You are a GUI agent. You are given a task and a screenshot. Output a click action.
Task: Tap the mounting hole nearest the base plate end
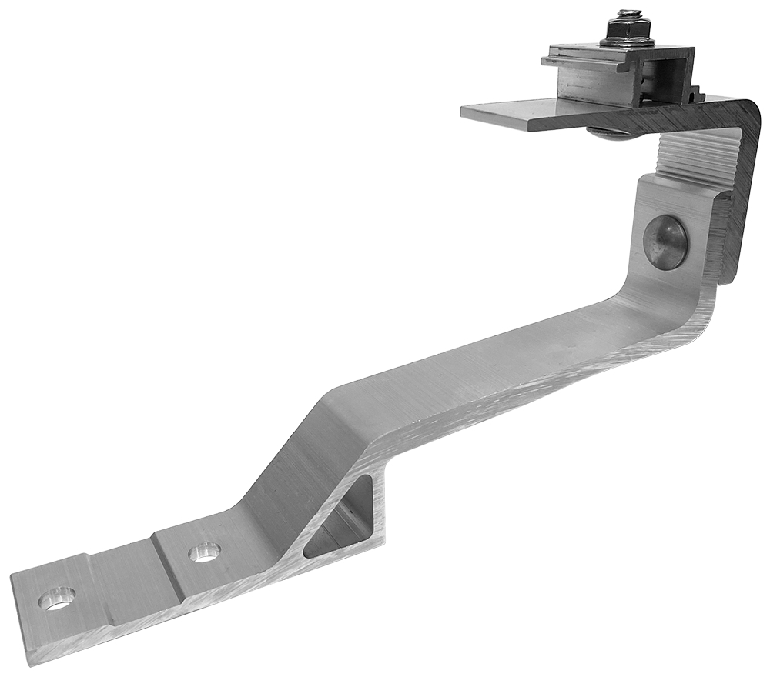click(58, 599)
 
